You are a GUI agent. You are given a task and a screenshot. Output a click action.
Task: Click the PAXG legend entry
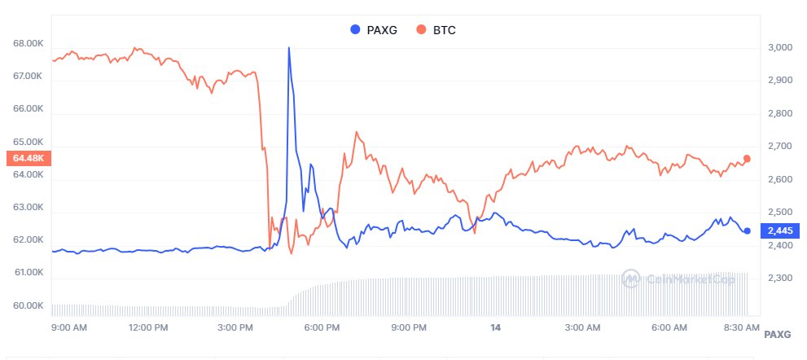tap(373, 30)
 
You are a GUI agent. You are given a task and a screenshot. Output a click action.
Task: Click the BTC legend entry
tap(436, 30)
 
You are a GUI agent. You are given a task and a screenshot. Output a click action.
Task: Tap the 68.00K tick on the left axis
tap(28, 43)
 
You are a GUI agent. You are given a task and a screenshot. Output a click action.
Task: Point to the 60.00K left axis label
tap(28, 305)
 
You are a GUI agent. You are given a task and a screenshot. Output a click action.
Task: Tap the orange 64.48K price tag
tap(27, 158)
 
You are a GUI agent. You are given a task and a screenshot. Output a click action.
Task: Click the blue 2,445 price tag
tap(778, 230)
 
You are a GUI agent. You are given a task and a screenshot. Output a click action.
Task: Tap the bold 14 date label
tap(494, 327)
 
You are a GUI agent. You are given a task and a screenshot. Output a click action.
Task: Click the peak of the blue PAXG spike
tap(289, 48)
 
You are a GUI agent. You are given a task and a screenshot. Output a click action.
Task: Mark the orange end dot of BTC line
tap(747, 159)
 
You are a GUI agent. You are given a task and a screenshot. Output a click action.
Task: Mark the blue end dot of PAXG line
tap(747, 230)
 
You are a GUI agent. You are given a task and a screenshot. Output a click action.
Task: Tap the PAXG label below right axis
tap(778, 335)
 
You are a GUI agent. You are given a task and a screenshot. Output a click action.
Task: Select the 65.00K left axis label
tap(28, 142)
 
